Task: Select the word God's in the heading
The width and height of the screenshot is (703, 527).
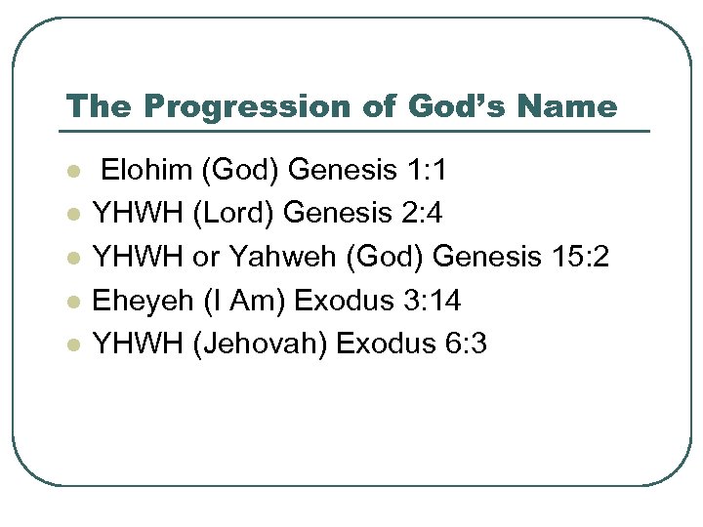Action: click(x=445, y=106)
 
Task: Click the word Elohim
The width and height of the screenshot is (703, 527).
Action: click(x=147, y=172)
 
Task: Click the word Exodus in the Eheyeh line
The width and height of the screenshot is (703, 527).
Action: click(x=340, y=301)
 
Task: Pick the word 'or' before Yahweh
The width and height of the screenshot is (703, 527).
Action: click(x=206, y=258)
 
